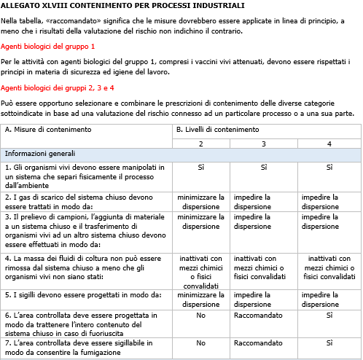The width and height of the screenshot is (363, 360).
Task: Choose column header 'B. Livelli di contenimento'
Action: click(217, 129)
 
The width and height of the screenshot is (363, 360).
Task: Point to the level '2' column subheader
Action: click(200, 143)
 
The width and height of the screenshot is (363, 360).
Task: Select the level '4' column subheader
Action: click(329, 143)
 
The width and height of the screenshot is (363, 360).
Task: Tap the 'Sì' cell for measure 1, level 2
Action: click(200, 168)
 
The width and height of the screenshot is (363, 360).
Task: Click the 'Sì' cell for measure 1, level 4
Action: click(329, 168)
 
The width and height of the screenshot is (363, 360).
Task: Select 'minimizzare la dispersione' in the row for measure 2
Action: click(200, 201)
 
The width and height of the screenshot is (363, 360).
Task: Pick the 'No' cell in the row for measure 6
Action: click(200, 315)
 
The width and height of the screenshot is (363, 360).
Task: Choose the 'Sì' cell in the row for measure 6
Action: click(329, 315)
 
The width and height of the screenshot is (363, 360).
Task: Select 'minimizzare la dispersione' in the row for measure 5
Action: click(200, 300)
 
